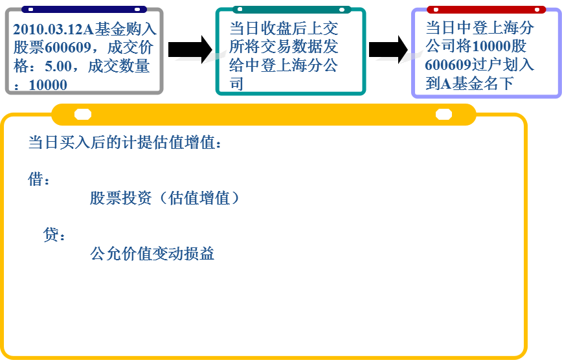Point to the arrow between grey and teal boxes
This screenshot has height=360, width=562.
(x=190, y=49)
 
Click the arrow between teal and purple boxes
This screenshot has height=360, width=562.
(x=388, y=49)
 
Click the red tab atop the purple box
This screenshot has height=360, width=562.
(x=486, y=9)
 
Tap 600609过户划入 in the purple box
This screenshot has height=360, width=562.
(x=480, y=65)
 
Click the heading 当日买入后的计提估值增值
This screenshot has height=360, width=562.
(x=125, y=142)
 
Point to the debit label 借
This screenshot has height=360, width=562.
(x=36, y=179)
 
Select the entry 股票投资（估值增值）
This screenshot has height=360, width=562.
(x=165, y=198)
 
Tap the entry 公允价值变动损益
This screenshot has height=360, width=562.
(x=152, y=253)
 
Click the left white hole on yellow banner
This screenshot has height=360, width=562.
(x=83, y=115)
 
